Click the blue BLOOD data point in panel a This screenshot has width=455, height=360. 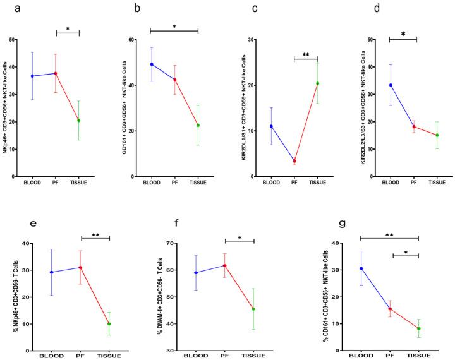pos(33,76)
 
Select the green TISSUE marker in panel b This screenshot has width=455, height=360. pos(198,125)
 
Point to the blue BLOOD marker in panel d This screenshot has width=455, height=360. pos(391,85)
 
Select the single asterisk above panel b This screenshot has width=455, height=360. pos(174,27)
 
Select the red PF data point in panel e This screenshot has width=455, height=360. pos(80,267)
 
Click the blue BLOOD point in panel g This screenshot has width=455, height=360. pos(361,268)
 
